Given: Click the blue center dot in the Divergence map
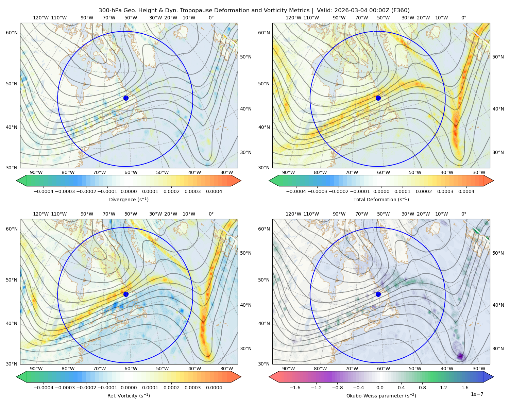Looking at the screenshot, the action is pyautogui.click(x=126, y=98).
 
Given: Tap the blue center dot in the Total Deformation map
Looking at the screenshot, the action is pyautogui.click(x=378, y=98).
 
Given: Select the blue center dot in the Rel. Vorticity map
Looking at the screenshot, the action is pyautogui.click(x=126, y=294).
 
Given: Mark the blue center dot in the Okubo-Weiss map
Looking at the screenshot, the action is pyautogui.click(x=378, y=294).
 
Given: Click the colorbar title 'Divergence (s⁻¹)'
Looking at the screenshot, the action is pyautogui.click(x=129, y=199).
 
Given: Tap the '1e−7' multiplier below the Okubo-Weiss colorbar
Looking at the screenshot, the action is pyautogui.click(x=477, y=394).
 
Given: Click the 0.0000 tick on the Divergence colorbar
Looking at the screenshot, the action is pyautogui.click(x=129, y=191).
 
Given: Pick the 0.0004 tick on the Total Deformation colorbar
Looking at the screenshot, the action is pyautogui.click(x=466, y=191).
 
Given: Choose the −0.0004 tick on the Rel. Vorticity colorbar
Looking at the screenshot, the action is pyautogui.click(x=44, y=387).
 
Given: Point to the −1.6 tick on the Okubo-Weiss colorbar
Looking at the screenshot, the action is pyautogui.click(x=295, y=387).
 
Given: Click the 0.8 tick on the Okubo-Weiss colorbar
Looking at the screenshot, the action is pyautogui.click(x=422, y=387).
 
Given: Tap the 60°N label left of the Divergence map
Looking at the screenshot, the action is pyautogui.click(x=12, y=33).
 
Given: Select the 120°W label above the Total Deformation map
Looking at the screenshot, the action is pyautogui.click(x=293, y=18).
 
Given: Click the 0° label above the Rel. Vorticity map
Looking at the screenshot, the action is pyautogui.click(x=211, y=214).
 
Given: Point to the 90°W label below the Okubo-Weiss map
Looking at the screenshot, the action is pyautogui.click(x=288, y=369).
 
